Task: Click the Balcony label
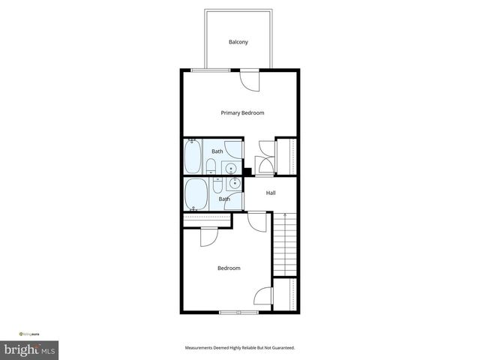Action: [x=238, y=42]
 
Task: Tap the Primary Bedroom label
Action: [x=242, y=113]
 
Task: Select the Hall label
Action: [x=271, y=193]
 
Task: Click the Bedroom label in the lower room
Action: [x=229, y=268]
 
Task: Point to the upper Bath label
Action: [x=217, y=151]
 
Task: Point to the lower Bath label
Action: [x=224, y=199]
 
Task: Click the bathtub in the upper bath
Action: [x=193, y=156]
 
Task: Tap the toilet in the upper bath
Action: [x=217, y=168]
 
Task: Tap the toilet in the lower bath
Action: [x=217, y=182]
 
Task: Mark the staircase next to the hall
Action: [x=285, y=244]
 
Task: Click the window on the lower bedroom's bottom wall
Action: [x=238, y=311]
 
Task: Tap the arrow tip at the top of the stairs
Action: [x=285, y=215]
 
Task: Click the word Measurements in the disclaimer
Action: [x=202, y=348]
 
